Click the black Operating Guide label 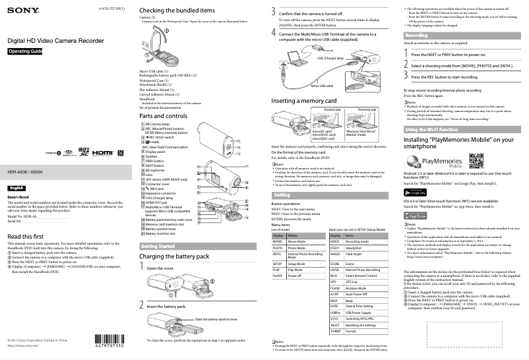(x=25, y=51)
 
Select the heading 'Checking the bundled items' (x=177, y=11)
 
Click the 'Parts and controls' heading (x=168, y=116)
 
